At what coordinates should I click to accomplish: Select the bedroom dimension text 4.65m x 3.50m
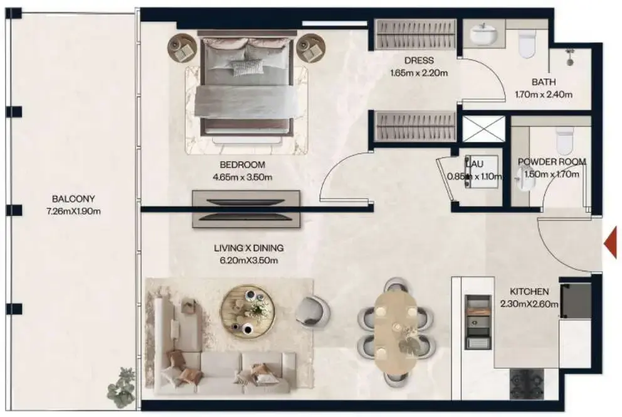click(242, 177)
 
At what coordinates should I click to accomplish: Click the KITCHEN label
click(530, 291)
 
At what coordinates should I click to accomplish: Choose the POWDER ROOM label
click(552, 161)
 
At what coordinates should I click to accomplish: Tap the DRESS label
click(419, 61)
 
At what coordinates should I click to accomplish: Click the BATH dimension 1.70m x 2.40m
click(544, 95)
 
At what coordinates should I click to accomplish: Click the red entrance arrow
click(611, 241)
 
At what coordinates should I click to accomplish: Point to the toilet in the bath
click(528, 43)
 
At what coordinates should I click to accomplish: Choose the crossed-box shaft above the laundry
click(483, 129)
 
